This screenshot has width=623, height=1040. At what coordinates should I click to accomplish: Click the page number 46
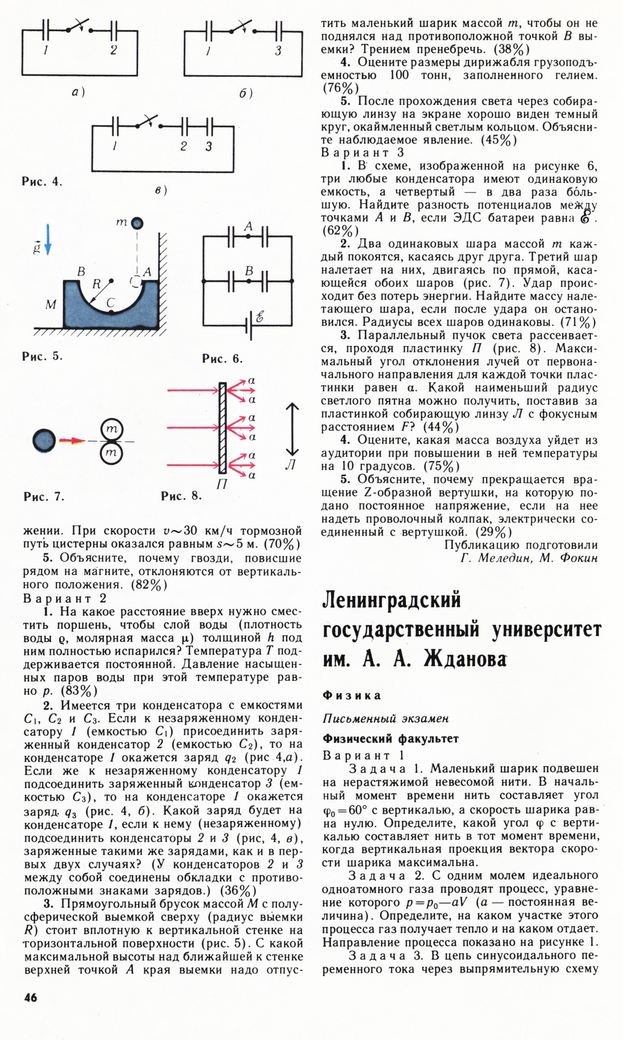point(31,997)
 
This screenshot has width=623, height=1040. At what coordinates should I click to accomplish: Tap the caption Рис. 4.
point(42,182)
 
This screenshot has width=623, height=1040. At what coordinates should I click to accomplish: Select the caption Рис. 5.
point(42,356)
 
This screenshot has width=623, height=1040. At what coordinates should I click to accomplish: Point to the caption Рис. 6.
point(222,358)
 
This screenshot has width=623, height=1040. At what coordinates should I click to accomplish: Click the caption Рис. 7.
point(44,497)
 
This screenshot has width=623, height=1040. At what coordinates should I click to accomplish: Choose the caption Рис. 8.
point(181,496)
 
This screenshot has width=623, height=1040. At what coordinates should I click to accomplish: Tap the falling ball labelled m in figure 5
point(137,223)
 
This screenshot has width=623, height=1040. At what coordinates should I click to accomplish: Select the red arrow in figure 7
point(72,441)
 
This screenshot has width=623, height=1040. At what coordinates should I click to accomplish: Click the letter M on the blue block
point(50,304)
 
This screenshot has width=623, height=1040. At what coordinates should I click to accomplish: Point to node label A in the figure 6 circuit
point(248,226)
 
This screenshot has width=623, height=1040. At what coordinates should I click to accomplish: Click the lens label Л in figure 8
point(291,465)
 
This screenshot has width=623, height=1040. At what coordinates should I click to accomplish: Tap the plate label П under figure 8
point(222,484)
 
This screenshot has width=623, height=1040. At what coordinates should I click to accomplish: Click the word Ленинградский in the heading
point(391,601)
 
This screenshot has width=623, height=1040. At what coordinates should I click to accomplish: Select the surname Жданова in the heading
point(465,659)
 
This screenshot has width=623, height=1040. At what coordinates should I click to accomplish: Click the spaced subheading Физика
point(351,695)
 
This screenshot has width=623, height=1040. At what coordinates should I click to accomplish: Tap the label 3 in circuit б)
point(278,50)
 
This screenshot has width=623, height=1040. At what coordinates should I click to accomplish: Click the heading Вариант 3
point(362,153)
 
